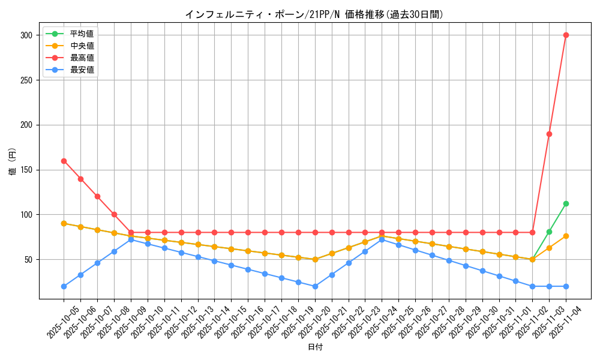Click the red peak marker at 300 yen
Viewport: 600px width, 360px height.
pyautogui.click(x=566, y=35)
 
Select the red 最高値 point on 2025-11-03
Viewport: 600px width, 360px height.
pyautogui.click(x=549, y=134)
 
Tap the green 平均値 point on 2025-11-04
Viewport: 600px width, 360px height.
pyautogui.click(x=566, y=203)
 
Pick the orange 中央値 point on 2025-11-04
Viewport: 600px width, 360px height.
pyautogui.click(x=566, y=236)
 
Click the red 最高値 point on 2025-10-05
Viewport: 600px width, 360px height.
pyautogui.click(x=64, y=161)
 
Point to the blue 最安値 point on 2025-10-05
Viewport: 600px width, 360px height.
pyautogui.click(x=64, y=286)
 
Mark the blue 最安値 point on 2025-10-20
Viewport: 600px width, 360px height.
pyautogui.click(x=315, y=286)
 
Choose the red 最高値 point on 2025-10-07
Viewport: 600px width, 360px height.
pyautogui.click(x=97, y=197)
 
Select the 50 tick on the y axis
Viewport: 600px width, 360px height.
pyautogui.click(x=28, y=260)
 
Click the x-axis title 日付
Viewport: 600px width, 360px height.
pyautogui.click(x=315, y=347)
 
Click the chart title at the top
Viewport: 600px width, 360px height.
pyautogui.click(x=315, y=14)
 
